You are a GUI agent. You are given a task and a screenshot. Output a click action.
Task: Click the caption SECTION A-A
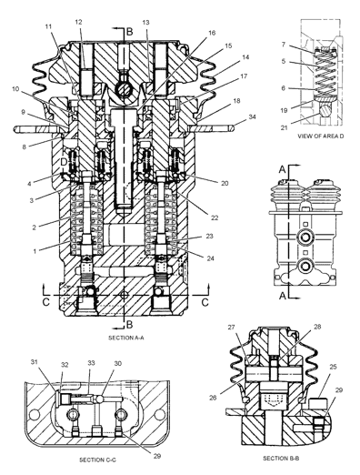[126, 338]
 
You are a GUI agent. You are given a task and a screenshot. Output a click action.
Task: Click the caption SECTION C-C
[97, 460]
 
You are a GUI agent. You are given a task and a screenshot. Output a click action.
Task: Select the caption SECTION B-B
[281, 459]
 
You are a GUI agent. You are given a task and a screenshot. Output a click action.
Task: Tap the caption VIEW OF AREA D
[321, 136]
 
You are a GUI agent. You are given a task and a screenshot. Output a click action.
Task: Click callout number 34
[252, 116]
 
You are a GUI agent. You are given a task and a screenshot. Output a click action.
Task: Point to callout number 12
[78, 22]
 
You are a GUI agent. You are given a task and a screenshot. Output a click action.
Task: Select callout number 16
[212, 33]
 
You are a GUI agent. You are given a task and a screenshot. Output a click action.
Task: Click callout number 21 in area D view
[284, 127]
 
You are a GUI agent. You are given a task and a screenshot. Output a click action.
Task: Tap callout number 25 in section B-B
[333, 367]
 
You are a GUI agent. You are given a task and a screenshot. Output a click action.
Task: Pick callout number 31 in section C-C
[35, 361]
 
